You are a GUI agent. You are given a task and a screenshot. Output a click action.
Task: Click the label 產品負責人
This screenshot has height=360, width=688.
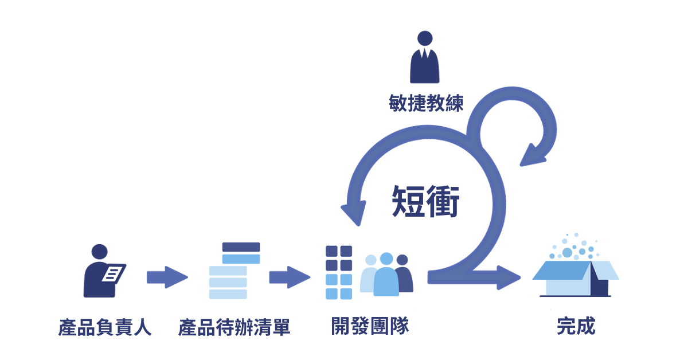[105, 327]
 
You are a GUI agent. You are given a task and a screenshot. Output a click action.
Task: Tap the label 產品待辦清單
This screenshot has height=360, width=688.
[234, 327]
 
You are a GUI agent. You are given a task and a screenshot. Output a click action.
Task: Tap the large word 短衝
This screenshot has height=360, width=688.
[426, 201]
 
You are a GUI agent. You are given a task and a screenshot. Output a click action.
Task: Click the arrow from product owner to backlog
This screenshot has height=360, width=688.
[167, 277]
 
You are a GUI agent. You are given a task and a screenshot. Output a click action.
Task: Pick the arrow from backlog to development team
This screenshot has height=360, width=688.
[290, 277]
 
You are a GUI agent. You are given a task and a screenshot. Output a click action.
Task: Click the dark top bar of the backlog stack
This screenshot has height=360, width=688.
[241, 247]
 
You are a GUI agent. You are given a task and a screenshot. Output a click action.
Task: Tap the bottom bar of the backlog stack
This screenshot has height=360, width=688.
[228, 294]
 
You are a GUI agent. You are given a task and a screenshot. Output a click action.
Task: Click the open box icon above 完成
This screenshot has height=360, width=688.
[575, 278]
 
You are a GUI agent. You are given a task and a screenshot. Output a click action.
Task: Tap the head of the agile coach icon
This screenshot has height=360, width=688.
[425, 38]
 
